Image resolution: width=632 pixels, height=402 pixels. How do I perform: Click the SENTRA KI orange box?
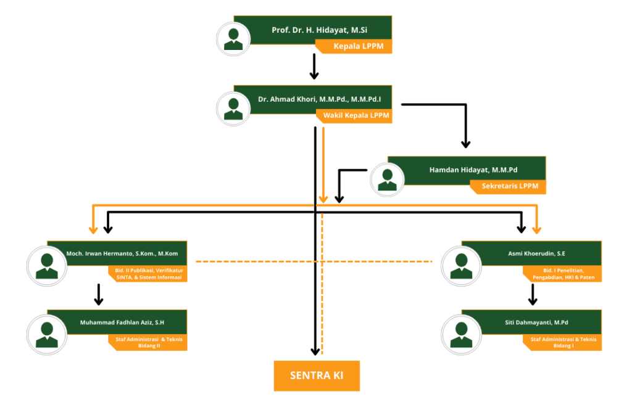317,375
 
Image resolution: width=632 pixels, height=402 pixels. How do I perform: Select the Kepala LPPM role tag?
355,46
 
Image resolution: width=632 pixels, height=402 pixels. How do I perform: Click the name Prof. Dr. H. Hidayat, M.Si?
314,30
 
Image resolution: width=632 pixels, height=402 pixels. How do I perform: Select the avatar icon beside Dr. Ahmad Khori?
233,109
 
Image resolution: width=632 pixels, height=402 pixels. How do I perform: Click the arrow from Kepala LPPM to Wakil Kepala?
314,67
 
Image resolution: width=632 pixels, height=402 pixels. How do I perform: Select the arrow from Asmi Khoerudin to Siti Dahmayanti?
533,294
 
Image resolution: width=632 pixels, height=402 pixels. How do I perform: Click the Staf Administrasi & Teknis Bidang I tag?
561,343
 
